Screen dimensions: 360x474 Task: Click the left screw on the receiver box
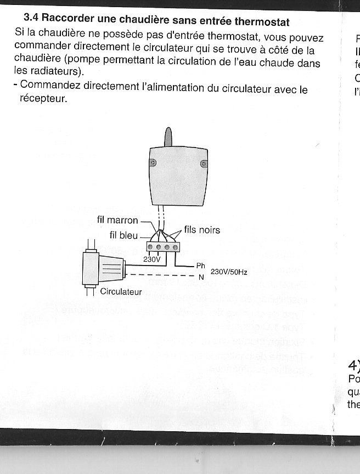click(x=153, y=163)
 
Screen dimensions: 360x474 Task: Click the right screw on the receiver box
click(x=204, y=163)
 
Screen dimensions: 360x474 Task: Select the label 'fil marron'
click(x=117, y=220)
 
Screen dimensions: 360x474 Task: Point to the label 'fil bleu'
click(x=124, y=235)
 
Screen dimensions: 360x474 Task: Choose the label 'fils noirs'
click(x=203, y=230)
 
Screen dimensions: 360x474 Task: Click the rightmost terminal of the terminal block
click(x=175, y=247)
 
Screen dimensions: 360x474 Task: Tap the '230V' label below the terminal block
click(x=151, y=259)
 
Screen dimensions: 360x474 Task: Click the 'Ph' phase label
click(x=200, y=266)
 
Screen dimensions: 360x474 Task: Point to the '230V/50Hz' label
click(x=229, y=272)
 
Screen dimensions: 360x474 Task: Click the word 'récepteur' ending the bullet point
click(x=43, y=100)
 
